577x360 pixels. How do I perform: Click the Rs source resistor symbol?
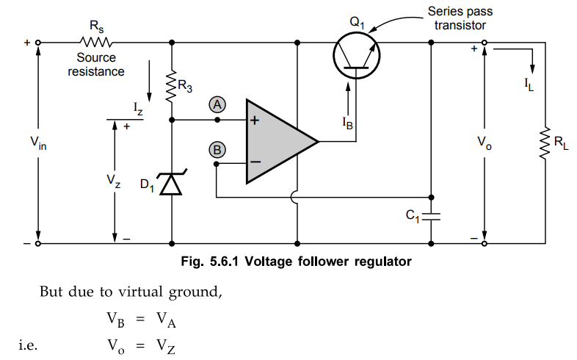coord(97,43)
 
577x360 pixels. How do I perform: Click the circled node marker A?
coord(217,104)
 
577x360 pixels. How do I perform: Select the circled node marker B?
coord(217,150)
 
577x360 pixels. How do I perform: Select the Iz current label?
coord(138,108)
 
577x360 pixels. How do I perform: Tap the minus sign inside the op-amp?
coord(255,161)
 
